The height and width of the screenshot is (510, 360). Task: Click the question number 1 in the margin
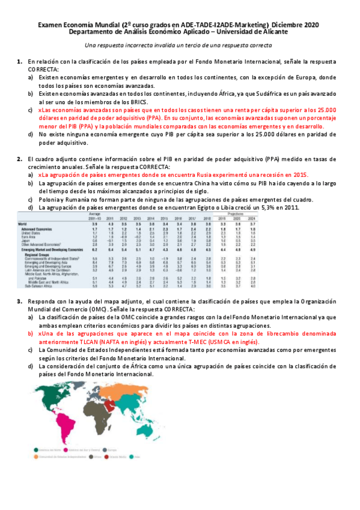(x=20, y=62)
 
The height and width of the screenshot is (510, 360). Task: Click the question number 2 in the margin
(x=20, y=159)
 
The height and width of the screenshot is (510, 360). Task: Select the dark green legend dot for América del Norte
(x=38, y=449)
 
